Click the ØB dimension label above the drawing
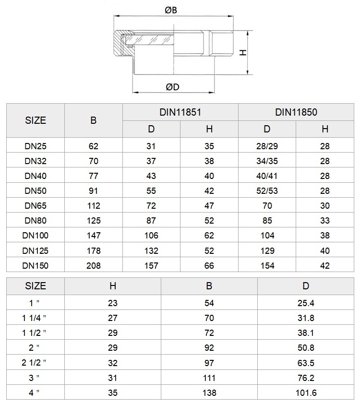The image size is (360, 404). tap(171, 10)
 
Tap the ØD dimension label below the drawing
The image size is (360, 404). tap(172, 87)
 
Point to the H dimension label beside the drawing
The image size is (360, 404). tap(243, 53)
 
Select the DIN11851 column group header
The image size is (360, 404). tap(180, 112)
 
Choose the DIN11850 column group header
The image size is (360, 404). tap(296, 112)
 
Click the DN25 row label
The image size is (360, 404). tap(36, 146)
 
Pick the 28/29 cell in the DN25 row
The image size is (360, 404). tap(267, 146)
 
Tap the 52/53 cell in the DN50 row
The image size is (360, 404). tap(267, 190)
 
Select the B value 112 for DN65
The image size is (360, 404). tap(94, 206)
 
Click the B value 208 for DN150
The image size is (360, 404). tap(94, 266)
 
